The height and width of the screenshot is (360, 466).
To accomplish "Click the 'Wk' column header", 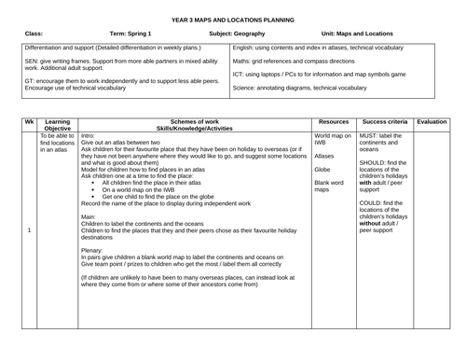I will pyautogui.click(x=29, y=120).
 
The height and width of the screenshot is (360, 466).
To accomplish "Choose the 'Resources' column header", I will pyautogui.click(x=333, y=120).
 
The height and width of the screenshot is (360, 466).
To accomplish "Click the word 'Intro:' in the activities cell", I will pyautogui.click(x=90, y=134).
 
